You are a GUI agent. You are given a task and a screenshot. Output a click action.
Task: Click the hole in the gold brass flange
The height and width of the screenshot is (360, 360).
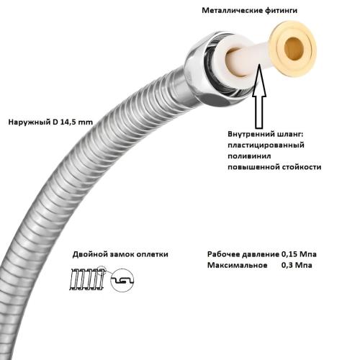[294, 49]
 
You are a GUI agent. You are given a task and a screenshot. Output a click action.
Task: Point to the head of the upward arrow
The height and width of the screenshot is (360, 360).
[259, 81]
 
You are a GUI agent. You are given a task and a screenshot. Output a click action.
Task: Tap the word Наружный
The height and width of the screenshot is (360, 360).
[30, 122]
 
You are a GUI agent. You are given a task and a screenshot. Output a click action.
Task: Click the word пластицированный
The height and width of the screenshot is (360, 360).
[266, 145]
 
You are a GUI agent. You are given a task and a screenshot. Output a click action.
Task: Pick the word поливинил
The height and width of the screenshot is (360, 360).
[249, 156]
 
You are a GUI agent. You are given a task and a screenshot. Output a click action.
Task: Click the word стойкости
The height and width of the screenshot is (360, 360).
[302, 167]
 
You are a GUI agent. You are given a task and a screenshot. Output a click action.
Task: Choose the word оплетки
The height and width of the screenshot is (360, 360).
[153, 254]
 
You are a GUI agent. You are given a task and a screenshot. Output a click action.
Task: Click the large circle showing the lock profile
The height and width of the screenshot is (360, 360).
[122, 280]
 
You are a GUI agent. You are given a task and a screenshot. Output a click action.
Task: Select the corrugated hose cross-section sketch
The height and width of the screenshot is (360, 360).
[87, 279]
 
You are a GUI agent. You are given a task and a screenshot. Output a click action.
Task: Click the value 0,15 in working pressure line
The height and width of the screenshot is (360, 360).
[288, 254]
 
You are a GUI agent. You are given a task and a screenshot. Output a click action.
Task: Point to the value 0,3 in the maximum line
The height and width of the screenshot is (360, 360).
[287, 266]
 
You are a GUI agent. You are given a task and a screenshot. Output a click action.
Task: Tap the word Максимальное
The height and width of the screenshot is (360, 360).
[238, 266]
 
